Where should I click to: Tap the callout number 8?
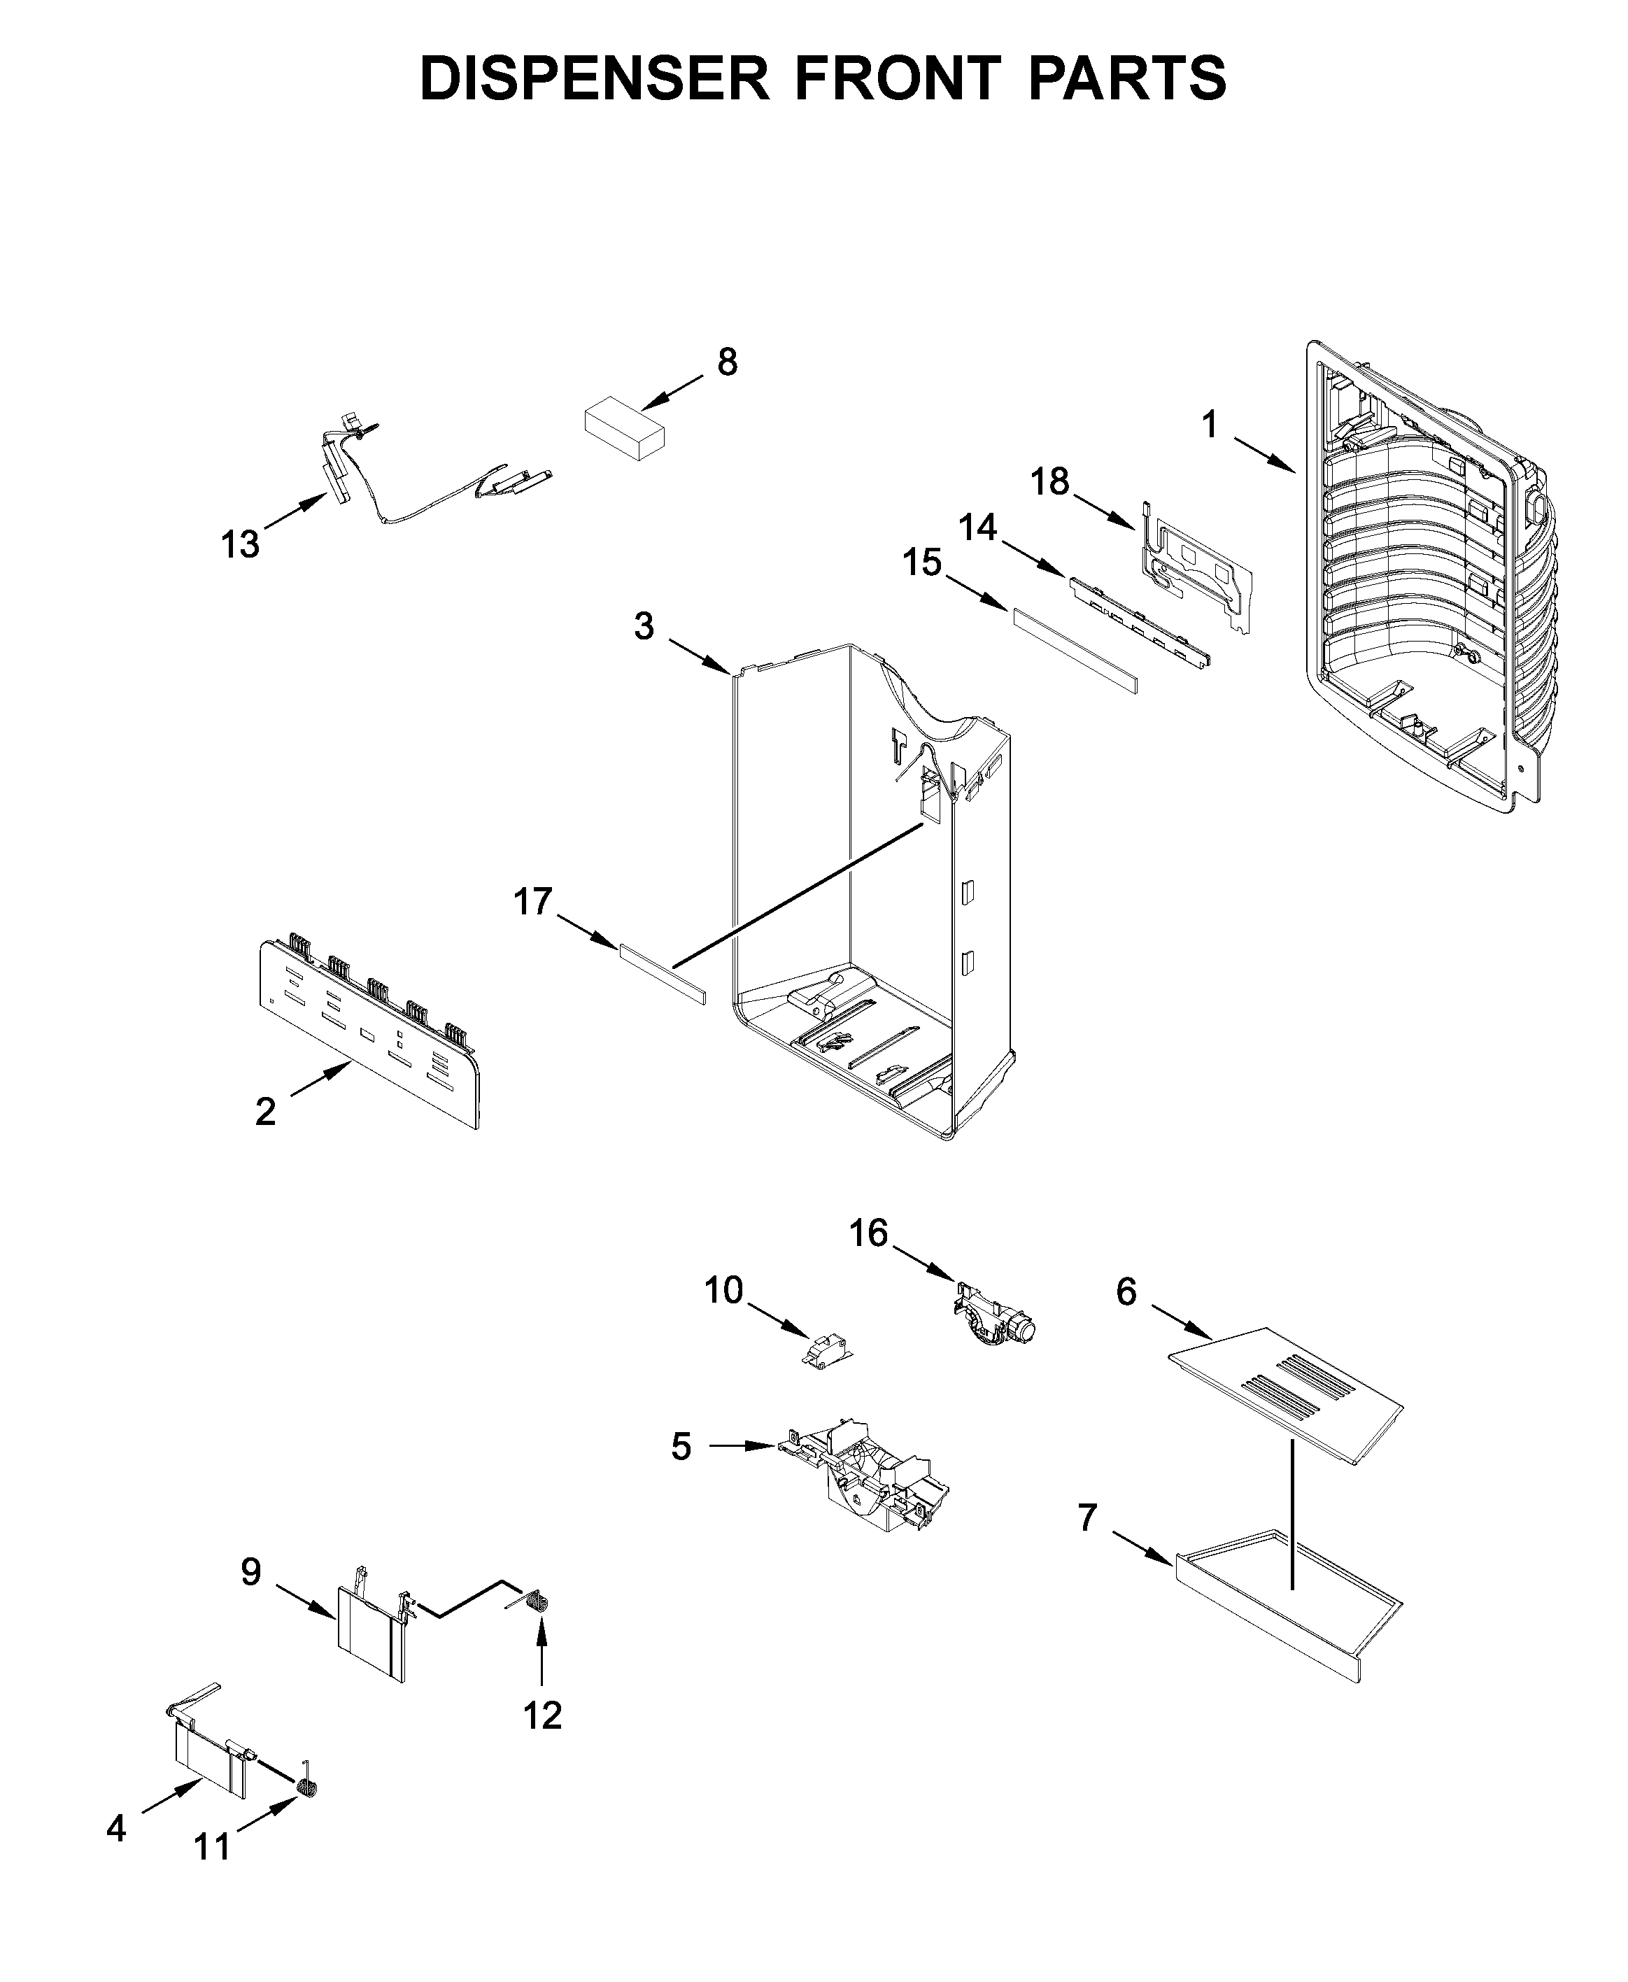(x=727, y=362)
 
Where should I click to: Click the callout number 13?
(x=240, y=544)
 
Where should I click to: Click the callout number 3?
(x=644, y=625)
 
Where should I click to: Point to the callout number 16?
(x=868, y=1233)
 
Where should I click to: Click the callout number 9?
(x=250, y=1571)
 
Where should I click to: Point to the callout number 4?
(x=115, y=1827)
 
